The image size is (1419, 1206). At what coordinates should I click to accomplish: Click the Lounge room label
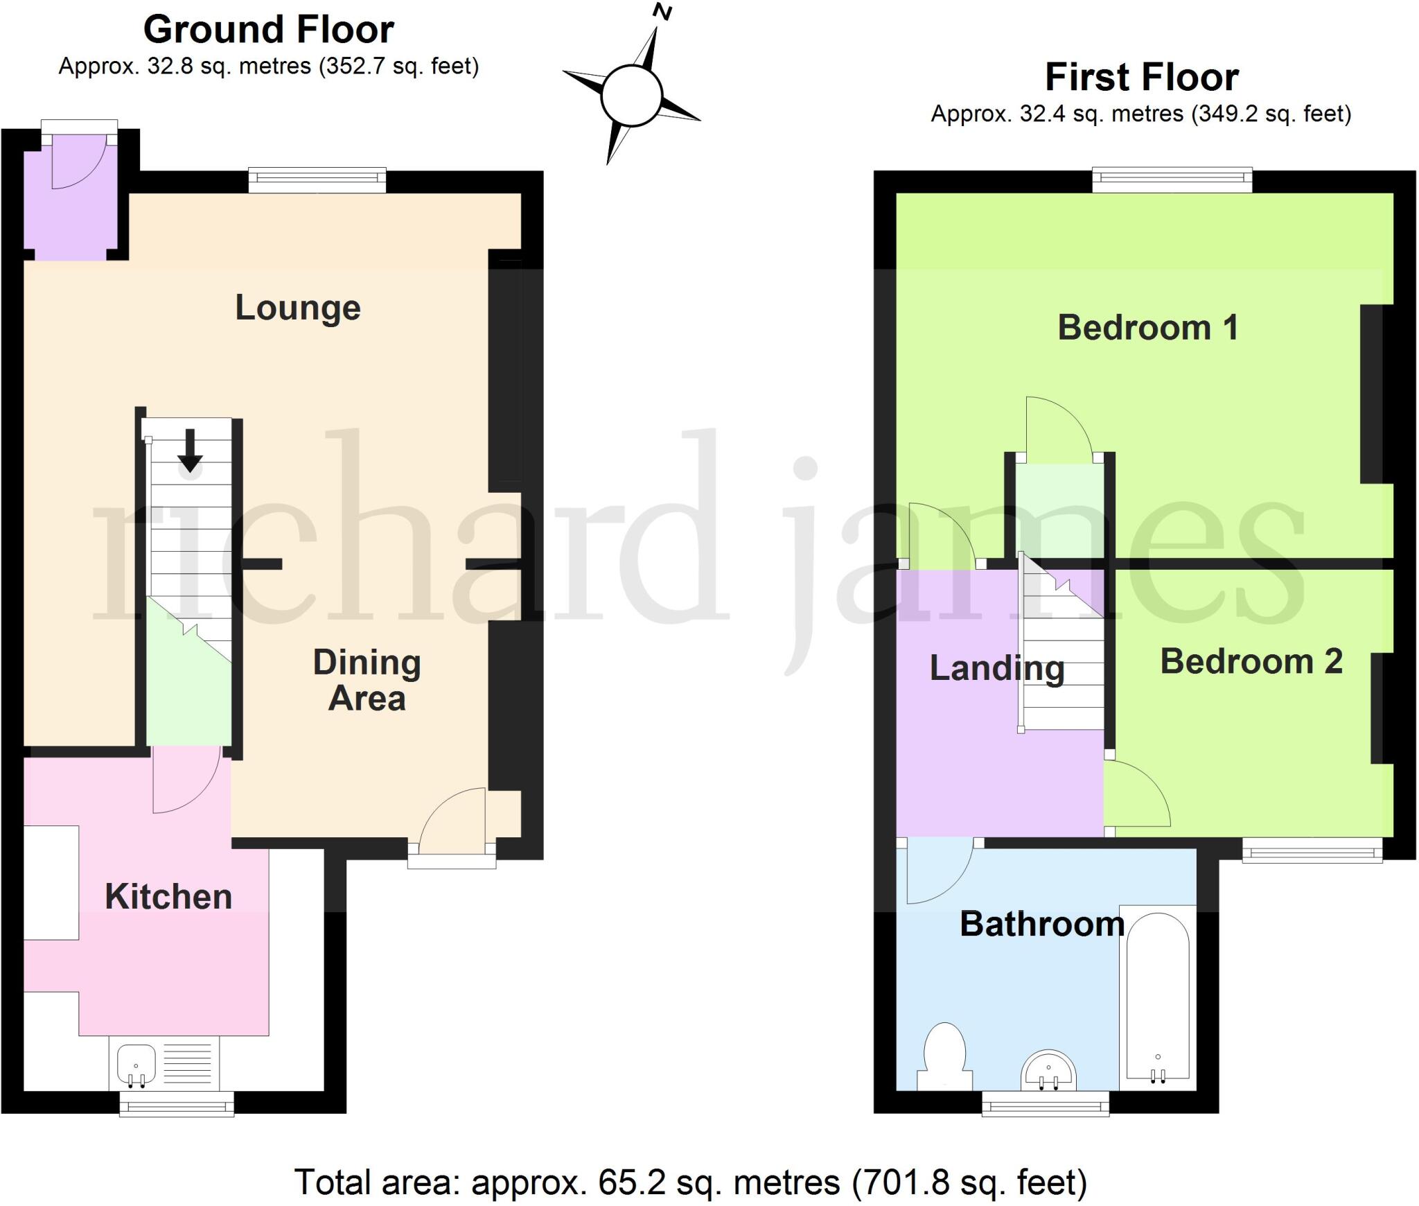(298, 308)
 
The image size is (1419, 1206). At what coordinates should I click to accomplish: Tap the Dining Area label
(367, 680)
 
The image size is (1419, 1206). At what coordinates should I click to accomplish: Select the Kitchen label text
(168, 897)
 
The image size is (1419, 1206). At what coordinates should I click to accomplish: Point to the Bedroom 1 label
(1147, 327)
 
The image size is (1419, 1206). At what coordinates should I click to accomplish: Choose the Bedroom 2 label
(1251, 661)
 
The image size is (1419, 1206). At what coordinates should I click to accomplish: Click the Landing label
(996, 668)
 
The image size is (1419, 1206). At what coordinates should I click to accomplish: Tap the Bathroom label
(1041, 924)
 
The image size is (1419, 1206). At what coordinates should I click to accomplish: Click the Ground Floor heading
(268, 30)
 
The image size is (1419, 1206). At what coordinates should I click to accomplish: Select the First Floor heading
(1141, 77)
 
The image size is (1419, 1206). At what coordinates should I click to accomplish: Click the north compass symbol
(632, 96)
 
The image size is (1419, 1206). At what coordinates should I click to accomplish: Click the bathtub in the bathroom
(1157, 998)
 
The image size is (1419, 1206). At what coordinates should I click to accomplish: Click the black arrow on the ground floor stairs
(190, 451)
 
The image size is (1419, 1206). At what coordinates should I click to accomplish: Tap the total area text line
(690, 1182)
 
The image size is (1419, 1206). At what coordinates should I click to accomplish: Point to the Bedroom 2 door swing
(1136, 794)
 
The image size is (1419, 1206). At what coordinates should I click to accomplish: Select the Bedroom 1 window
(1172, 180)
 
